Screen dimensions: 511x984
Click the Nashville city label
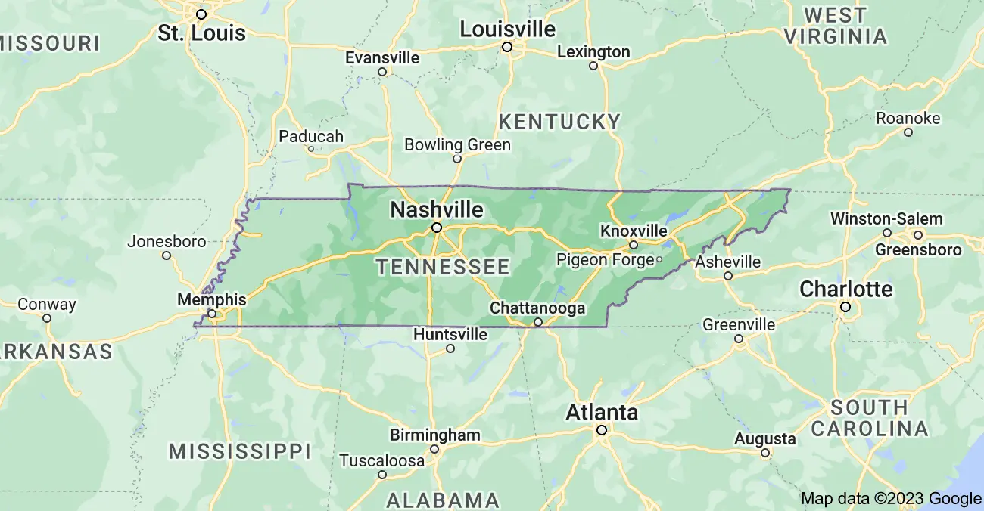coord(437,209)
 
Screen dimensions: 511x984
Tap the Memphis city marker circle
coord(212,313)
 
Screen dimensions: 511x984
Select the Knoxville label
coord(634,231)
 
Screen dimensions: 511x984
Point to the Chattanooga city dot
coord(538,322)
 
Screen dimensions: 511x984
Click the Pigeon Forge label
coord(605,260)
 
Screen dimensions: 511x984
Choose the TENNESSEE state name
coord(443,267)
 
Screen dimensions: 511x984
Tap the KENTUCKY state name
coord(559,122)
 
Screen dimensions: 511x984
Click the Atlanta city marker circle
coord(602,430)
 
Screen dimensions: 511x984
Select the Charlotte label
coord(846,290)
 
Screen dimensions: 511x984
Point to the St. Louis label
coord(201,33)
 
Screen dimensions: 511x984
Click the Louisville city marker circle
coord(507,47)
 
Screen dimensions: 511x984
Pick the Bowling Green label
coord(457,144)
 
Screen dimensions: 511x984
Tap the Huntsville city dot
coord(450,348)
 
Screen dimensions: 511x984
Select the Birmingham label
coord(434,435)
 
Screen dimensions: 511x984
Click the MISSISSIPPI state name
coord(240,452)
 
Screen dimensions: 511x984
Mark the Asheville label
coord(728,262)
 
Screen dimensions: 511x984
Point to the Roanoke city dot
coord(908,132)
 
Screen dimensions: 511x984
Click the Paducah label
coord(311,137)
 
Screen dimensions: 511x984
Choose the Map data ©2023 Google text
coord(891,498)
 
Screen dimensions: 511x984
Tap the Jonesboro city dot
coord(167,255)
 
